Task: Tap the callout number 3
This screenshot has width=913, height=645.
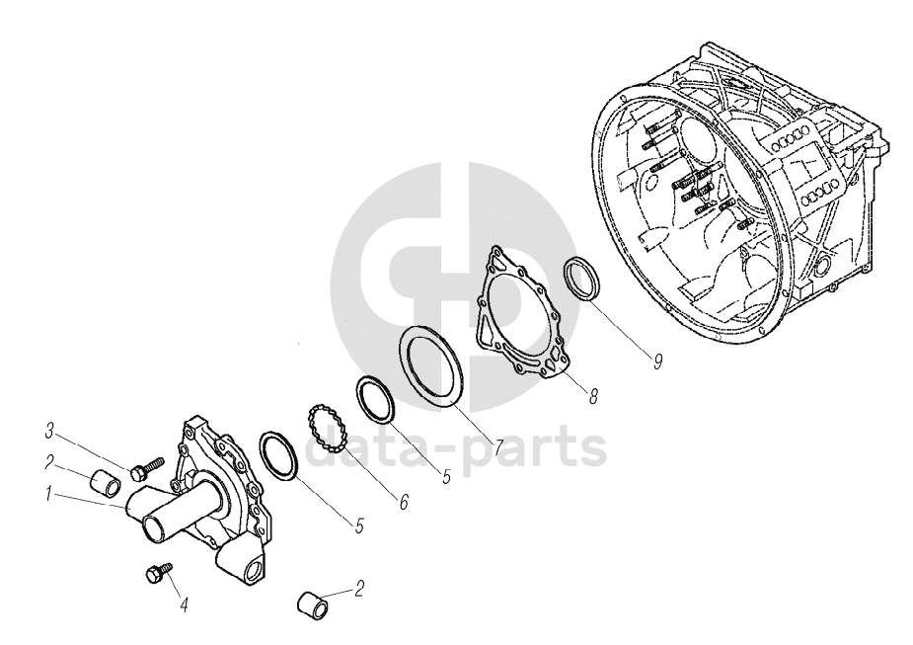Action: coord(50,433)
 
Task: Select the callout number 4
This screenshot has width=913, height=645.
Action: coord(184,605)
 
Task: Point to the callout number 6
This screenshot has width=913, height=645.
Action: coord(404,502)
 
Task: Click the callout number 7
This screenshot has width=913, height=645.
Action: coord(497,448)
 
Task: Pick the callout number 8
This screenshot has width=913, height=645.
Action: coord(592,397)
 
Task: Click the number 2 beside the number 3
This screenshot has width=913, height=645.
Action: coord(50,463)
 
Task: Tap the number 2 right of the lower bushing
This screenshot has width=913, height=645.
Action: coord(358,589)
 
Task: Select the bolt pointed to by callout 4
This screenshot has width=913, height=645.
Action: coord(158,572)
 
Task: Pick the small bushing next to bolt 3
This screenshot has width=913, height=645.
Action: coord(105,484)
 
